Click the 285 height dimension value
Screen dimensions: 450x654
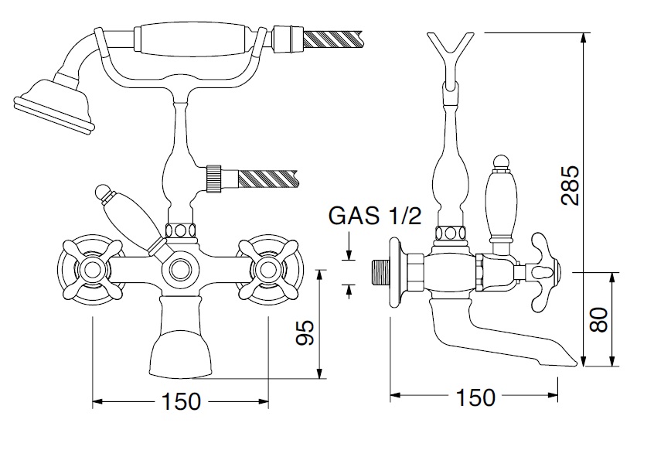tap(569, 186)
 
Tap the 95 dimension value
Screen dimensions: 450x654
tap(306, 333)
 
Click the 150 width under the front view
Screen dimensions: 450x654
tap(181, 401)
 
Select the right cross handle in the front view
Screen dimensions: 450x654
tap(269, 270)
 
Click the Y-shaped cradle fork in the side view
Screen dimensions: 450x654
tap(451, 48)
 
